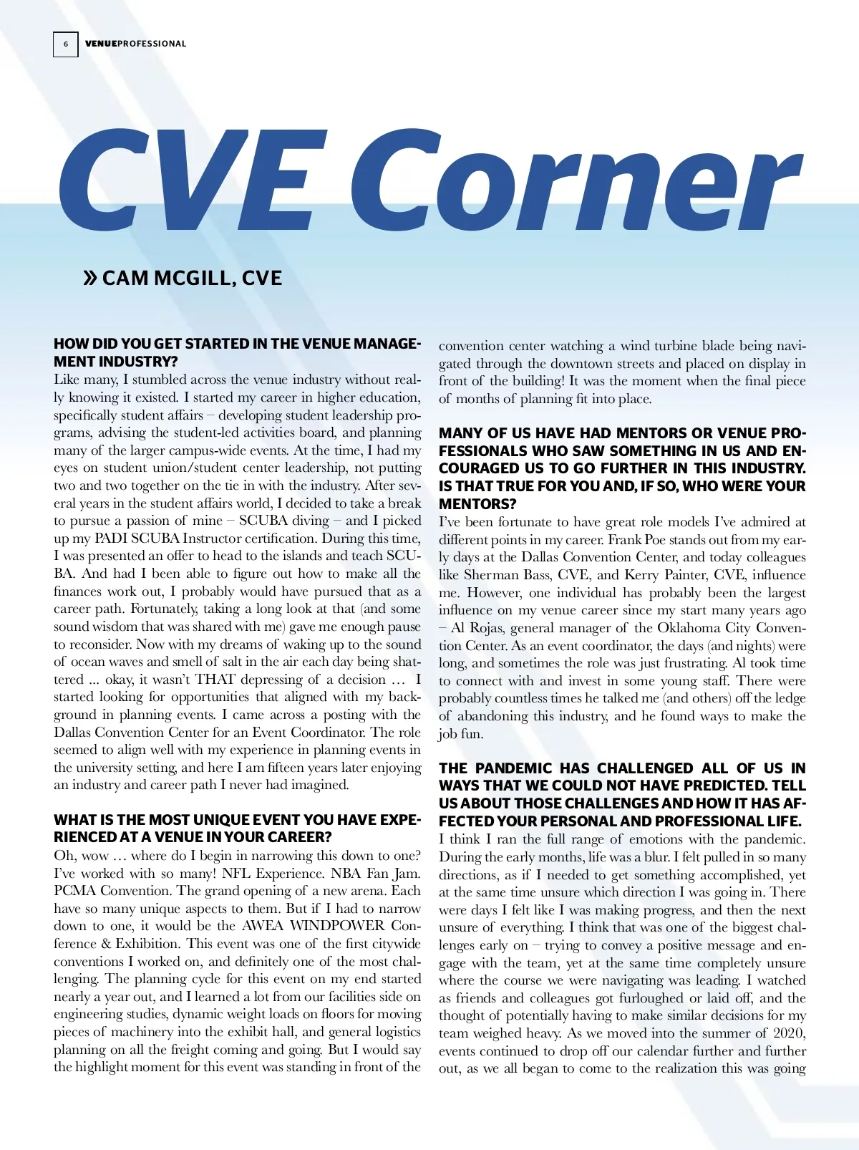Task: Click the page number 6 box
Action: (x=66, y=44)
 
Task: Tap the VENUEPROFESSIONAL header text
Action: (x=135, y=44)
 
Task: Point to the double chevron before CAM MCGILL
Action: (x=90, y=278)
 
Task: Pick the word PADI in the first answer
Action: (x=110, y=538)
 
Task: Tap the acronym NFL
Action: (x=236, y=873)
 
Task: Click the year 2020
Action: (x=790, y=1033)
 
